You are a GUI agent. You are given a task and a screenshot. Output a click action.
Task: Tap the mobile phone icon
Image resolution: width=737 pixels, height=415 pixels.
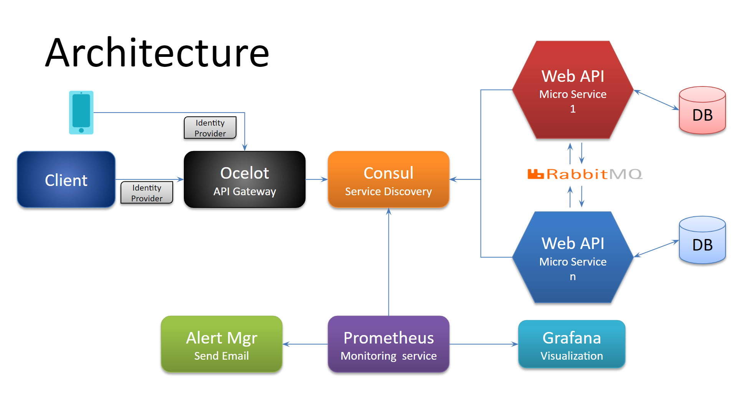(x=81, y=113)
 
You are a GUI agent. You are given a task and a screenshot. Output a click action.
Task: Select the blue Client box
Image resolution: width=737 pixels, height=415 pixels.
(x=66, y=179)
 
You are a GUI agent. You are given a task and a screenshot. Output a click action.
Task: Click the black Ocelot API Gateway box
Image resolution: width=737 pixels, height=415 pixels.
(x=245, y=179)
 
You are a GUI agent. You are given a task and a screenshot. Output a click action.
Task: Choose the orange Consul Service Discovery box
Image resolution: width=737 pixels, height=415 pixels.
(x=388, y=179)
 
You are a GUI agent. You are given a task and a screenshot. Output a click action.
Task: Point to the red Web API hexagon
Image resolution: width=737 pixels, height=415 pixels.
(x=573, y=90)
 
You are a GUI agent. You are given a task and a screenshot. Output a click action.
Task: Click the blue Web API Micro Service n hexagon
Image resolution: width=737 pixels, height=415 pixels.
(x=573, y=257)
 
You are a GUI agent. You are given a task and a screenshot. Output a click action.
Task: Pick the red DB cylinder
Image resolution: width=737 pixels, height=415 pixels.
(x=702, y=110)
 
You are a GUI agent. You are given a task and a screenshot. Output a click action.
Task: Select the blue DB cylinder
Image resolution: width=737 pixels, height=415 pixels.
(x=702, y=240)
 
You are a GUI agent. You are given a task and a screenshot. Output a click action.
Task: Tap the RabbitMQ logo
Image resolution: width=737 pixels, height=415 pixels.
(x=585, y=174)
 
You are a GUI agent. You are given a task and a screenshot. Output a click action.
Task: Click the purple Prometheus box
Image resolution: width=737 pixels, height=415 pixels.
(x=388, y=344)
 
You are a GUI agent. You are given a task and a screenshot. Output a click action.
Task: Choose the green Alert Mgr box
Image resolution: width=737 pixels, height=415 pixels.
(x=221, y=344)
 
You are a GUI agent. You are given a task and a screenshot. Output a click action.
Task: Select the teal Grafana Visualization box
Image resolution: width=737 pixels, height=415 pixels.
(x=572, y=344)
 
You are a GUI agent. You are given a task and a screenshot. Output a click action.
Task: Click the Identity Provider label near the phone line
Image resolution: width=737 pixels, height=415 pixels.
(x=210, y=128)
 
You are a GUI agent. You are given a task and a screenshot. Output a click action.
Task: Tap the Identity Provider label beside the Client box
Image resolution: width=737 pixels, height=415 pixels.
(x=147, y=193)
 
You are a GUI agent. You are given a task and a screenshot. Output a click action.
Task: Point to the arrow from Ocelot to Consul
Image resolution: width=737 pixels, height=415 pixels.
(x=317, y=179)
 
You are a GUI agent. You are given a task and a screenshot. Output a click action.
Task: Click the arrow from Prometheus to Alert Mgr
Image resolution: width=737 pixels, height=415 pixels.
(x=305, y=344)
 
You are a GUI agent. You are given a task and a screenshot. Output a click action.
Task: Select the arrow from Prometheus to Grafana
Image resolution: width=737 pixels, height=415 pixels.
(x=484, y=344)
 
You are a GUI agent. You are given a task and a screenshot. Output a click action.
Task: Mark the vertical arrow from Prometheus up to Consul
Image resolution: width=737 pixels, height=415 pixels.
(x=388, y=262)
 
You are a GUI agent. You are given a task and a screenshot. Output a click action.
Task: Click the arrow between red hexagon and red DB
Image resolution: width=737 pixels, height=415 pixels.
(x=656, y=100)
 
